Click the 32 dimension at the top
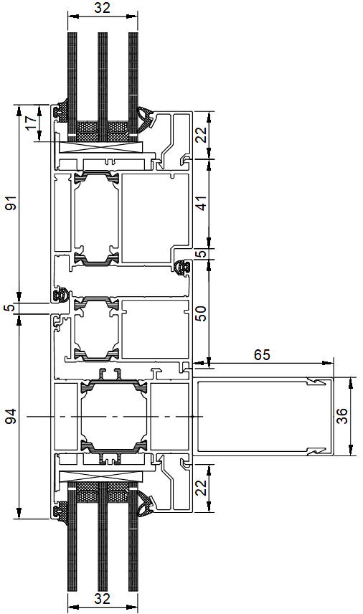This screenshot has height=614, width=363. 102,7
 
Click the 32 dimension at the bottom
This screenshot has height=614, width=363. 102,598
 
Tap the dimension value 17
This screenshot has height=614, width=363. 32,123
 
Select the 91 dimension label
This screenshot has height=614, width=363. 12,202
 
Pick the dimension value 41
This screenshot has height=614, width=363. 202,203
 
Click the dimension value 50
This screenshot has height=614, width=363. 202,313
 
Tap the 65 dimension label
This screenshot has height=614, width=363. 262,355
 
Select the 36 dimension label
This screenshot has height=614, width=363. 341,416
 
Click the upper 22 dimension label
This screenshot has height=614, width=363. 202,136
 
